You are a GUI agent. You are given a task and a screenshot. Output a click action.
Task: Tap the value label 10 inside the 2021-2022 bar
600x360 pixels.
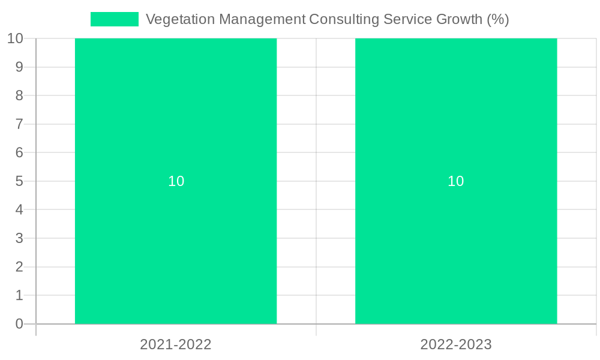pos(176,181)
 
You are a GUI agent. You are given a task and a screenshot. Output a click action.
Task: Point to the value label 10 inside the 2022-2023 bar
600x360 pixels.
pos(456,181)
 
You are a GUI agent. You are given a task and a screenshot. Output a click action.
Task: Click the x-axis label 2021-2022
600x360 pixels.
pos(176,344)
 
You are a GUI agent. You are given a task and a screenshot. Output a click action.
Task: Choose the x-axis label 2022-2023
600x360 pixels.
pos(456,344)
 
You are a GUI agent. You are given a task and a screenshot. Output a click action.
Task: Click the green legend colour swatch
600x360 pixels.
pos(115,19)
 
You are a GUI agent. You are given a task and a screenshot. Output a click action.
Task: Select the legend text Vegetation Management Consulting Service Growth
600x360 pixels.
pos(327,19)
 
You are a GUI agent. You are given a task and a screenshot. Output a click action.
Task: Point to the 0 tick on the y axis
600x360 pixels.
pos(19,324)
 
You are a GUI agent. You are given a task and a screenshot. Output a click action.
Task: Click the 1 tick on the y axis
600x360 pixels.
pos(19,295)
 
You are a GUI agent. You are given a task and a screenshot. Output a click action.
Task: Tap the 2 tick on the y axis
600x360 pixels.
pos(19,267)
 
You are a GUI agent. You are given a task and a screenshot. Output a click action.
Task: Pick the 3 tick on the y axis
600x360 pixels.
pos(19,238)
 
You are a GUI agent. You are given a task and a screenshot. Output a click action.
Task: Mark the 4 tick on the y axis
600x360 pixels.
pos(19,210)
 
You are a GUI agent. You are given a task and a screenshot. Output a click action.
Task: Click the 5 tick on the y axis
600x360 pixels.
pos(19,181)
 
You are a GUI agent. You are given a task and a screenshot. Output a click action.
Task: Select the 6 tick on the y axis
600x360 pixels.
pos(19,152)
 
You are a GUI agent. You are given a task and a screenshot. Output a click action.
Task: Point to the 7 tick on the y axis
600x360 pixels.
pos(19,124)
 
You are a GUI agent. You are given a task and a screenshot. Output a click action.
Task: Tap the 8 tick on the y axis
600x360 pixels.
pos(19,95)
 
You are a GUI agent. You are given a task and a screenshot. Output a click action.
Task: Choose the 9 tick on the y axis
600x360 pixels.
pos(19,67)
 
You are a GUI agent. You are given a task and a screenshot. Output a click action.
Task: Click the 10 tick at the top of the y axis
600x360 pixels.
pos(15,38)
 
